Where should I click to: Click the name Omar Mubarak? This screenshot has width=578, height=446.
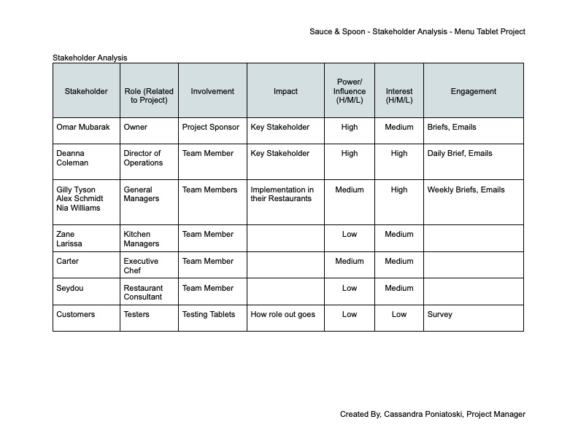coord(82,127)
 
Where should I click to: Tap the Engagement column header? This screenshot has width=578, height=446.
coord(473,91)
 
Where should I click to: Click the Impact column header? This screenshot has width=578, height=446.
coord(285,91)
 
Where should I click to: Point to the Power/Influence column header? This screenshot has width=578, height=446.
coord(350,91)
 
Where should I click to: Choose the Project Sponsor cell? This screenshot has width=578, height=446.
coord(211,127)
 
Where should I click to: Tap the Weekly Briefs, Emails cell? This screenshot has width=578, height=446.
coord(466,189)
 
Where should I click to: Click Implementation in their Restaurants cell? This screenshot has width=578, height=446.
coord(282,194)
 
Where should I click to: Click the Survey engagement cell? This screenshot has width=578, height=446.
coord(439,315)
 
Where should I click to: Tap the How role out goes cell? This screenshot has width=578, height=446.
coord(282,315)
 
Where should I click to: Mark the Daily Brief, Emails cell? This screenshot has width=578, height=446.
coord(460,154)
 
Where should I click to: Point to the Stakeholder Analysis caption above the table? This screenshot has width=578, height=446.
coord(90,58)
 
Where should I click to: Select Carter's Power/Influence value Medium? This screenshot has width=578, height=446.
coord(350,261)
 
